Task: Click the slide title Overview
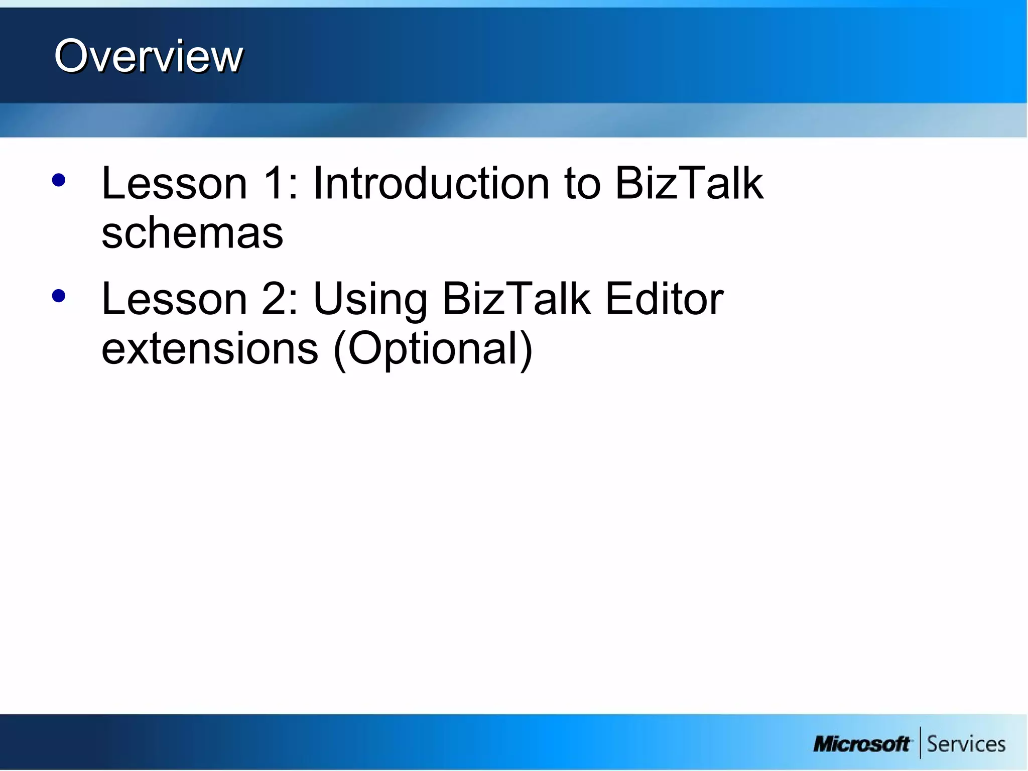pyautogui.click(x=149, y=56)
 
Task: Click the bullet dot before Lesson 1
pyautogui.click(x=59, y=181)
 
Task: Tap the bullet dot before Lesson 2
pyautogui.click(x=59, y=296)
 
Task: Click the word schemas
pyautogui.click(x=192, y=233)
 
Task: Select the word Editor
pyautogui.click(x=664, y=299)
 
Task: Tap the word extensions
pyautogui.click(x=210, y=349)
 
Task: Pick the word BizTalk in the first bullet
pyautogui.click(x=689, y=183)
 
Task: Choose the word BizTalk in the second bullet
pyautogui.click(x=517, y=299)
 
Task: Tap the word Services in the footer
pyautogui.click(x=966, y=744)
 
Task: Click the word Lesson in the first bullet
pyautogui.click(x=174, y=183)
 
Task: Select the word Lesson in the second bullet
pyautogui.click(x=174, y=299)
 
